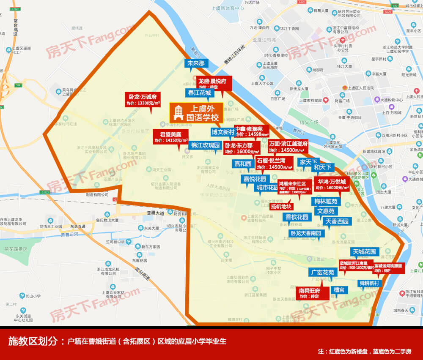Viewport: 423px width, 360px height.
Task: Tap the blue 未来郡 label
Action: coord(196,63)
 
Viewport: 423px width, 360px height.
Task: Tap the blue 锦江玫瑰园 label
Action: coord(205,145)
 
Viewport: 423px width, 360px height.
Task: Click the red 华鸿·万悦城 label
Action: coord(332,184)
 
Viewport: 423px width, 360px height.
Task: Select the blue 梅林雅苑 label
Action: coord(326,202)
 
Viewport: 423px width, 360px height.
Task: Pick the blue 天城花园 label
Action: coord(364,252)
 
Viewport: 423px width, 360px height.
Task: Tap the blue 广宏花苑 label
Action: coord(323,272)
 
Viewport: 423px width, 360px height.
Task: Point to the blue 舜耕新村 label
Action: coord(369,283)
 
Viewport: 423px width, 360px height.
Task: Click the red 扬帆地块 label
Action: coord(281,207)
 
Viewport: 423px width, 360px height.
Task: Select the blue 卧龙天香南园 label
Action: coord(305,233)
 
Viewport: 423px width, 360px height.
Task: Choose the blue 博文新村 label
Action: coord(223,132)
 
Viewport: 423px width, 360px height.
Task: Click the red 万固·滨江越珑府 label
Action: coord(288,146)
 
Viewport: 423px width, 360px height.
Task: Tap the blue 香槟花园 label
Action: coord(297,217)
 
